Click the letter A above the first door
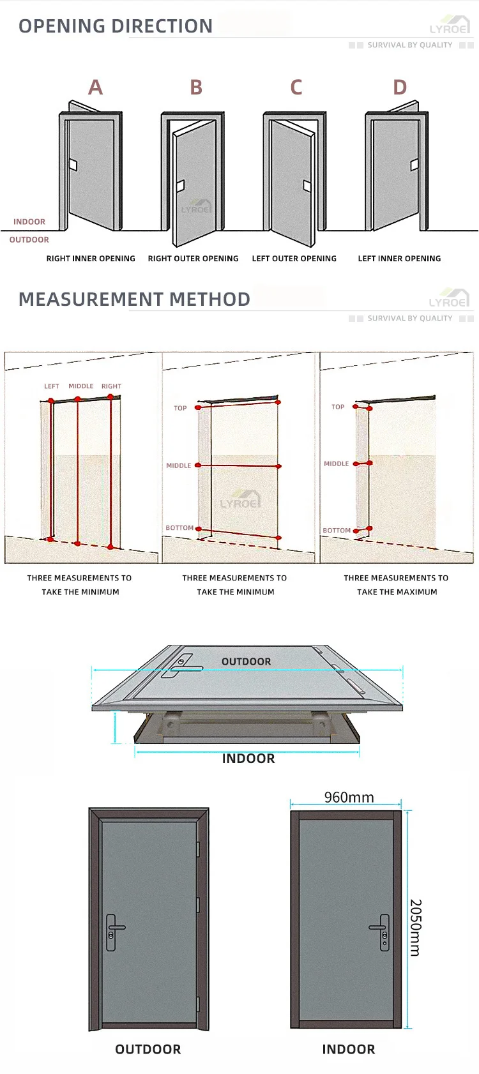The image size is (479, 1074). [95, 87]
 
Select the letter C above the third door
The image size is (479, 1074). [296, 87]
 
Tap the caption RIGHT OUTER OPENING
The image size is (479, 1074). [193, 259]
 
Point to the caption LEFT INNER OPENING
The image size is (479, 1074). [399, 259]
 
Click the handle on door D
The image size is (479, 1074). [414, 165]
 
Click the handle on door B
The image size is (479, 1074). [180, 186]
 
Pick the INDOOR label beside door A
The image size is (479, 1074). [29, 222]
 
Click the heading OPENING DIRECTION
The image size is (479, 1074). [116, 26]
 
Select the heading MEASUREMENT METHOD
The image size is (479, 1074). [134, 299]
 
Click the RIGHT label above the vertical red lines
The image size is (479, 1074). [111, 386]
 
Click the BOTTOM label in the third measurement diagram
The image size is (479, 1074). [337, 531]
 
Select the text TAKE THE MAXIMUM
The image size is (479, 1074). [397, 592]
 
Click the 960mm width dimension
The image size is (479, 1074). [349, 797]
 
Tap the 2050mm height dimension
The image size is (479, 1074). [415, 927]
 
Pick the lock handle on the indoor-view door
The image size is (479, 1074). [382, 932]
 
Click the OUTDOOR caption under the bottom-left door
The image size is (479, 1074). [148, 1049]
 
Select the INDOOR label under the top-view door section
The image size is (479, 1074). [248, 759]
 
